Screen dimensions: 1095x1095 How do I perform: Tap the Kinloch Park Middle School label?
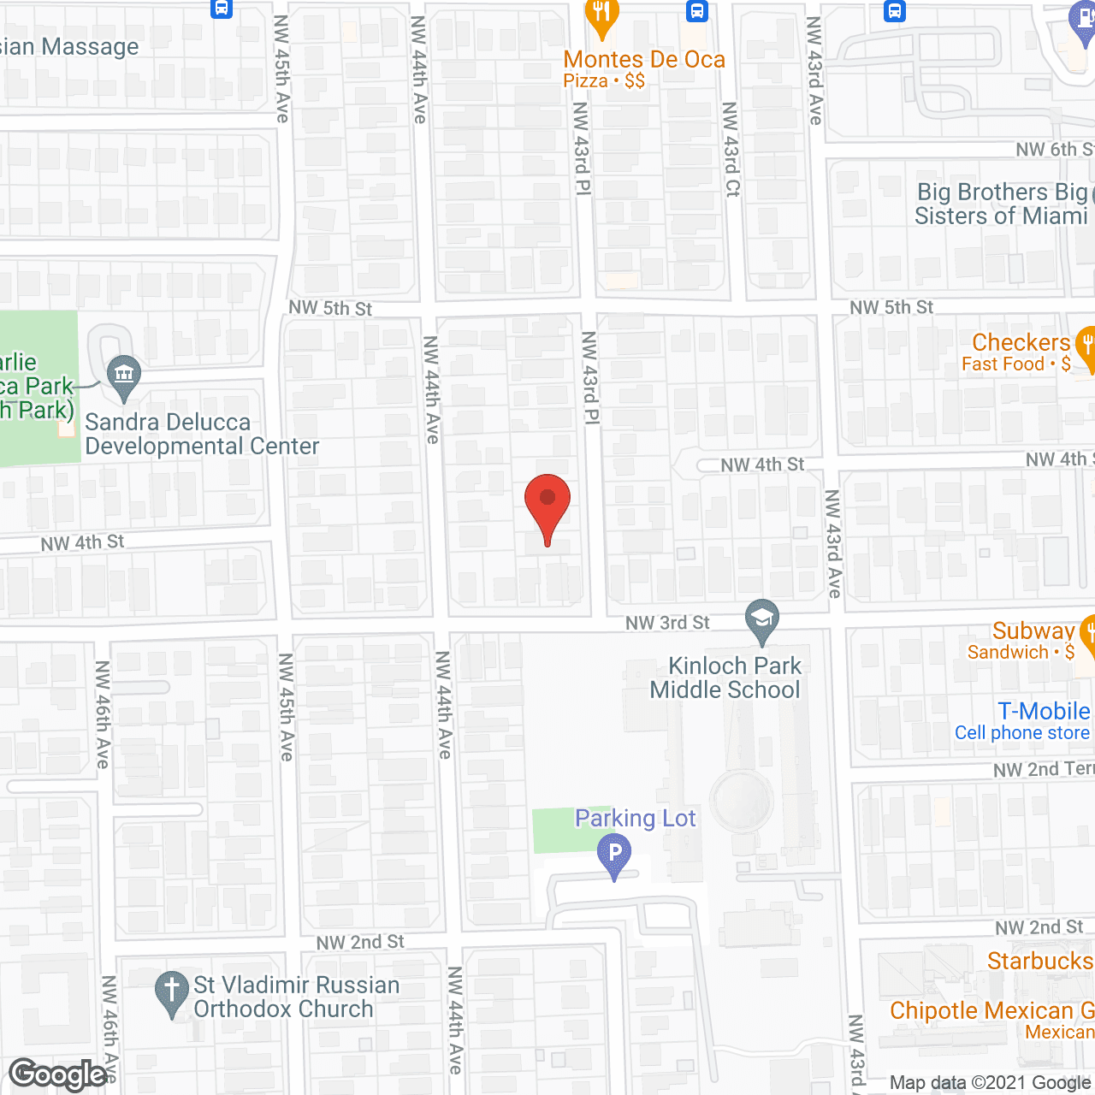[725, 678]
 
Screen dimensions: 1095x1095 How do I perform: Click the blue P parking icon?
[614, 854]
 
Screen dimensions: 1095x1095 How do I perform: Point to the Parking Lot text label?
[635, 819]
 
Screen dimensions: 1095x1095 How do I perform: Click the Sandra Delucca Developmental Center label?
[202, 435]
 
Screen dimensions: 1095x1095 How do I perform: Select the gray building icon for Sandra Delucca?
[125, 375]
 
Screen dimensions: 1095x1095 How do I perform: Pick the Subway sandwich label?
[1032, 640]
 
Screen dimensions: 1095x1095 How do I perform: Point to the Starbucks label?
[1039, 961]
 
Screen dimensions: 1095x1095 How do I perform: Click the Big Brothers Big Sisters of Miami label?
[1001, 204]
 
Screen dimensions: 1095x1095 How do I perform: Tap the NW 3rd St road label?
[667, 623]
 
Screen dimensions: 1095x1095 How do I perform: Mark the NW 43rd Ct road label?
[731, 150]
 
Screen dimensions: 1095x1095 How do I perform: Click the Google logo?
[58, 1074]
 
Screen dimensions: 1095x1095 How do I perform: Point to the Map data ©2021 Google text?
[991, 1083]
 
